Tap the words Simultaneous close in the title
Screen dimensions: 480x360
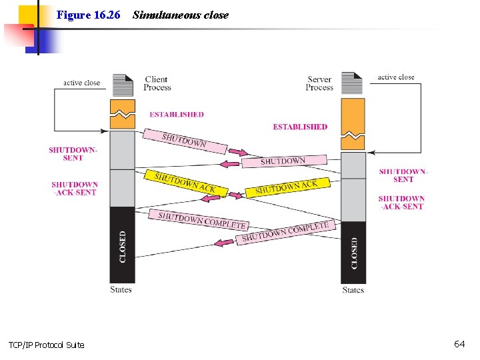pyautogui.click(x=180, y=15)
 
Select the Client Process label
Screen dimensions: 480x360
pyautogui.click(x=157, y=83)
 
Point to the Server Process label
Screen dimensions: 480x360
pyautogui.click(x=319, y=83)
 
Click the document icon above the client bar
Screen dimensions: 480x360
pyautogui.click(x=123, y=85)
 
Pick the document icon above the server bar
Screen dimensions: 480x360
pyautogui.click(x=352, y=83)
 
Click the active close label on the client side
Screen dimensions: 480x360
pyautogui.click(x=81, y=83)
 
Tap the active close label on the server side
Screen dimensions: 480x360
pyautogui.click(x=396, y=77)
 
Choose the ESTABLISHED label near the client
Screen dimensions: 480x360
pyautogui.click(x=177, y=115)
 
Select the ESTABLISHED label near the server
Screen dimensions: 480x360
pyautogui.click(x=300, y=127)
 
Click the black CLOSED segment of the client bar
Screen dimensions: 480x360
pyautogui.click(x=122, y=245)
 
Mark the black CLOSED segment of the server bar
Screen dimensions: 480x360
pyautogui.click(x=353, y=252)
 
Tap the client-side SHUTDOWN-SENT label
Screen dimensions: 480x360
pyautogui.click(x=73, y=154)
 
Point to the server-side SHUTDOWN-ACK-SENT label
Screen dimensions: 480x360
pyautogui.click(x=401, y=203)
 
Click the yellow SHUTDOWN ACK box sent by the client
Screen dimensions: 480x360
pyautogui.click(x=185, y=183)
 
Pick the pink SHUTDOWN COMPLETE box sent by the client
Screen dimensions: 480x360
pyautogui.click(x=203, y=220)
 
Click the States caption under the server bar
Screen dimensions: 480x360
pyautogui.click(x=353, y=290)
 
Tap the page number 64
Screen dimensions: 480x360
pyautogui.click(x=459, y=344)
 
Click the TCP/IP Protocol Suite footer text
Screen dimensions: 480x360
pyautogui.click(x=47, y=345)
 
